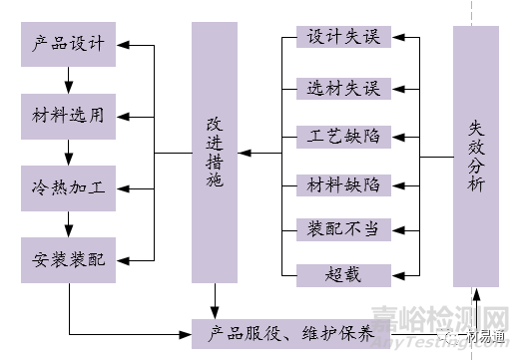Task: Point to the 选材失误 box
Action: [342, 87]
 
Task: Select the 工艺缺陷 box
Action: [342, 134]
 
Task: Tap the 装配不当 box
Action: [342, 228]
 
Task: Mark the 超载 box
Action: [342, 271]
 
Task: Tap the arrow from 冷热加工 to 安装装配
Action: [69, 223]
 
